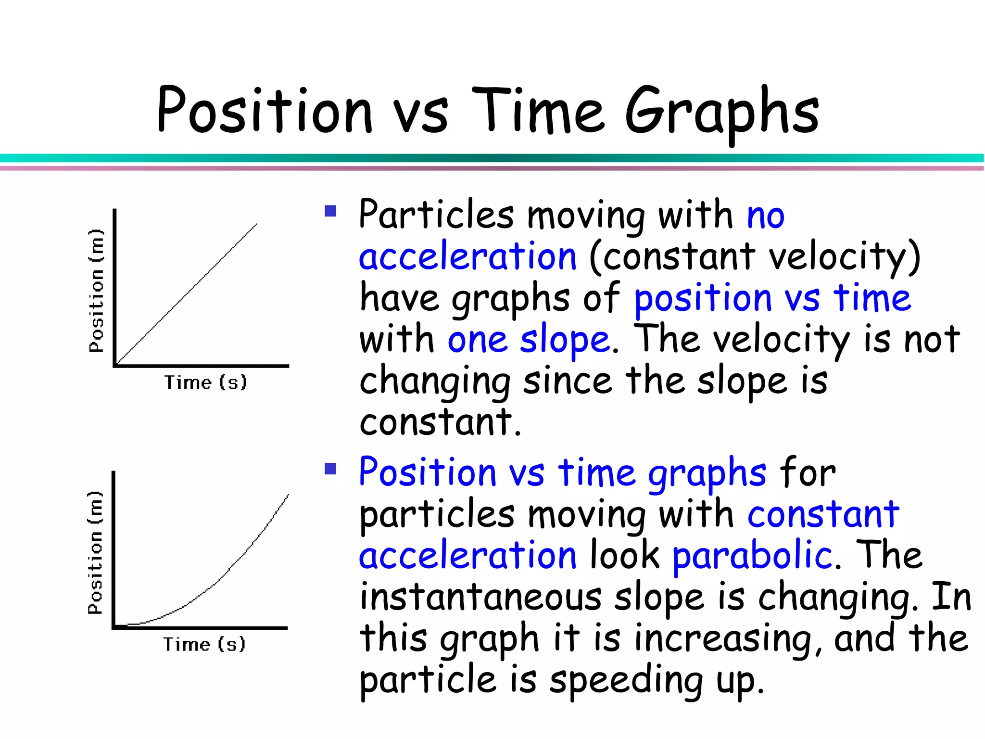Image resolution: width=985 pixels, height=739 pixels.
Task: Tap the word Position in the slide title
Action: coord(265,111)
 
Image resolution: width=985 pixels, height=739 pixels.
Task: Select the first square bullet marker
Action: coord(330,211)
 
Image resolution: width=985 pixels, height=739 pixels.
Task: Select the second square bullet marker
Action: coord(330,469)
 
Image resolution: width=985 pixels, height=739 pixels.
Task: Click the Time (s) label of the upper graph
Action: coord(206,382)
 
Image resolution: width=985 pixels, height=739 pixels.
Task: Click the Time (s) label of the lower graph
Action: coord(204,644)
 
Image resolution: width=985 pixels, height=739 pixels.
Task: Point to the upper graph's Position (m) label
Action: coord(96,291)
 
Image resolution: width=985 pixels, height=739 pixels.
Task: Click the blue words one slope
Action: coord(529,340)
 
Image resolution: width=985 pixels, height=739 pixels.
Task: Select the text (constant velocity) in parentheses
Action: coord(754,256)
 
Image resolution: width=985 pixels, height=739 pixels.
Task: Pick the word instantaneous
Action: coord(480,597)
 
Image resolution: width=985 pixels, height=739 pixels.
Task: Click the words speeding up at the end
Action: coord(656,680)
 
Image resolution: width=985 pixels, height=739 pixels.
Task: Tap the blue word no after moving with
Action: coord(766,215)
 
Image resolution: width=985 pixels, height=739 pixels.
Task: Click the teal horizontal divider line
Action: coord(492,158)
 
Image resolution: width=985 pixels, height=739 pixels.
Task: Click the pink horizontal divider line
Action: coord(492,168)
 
